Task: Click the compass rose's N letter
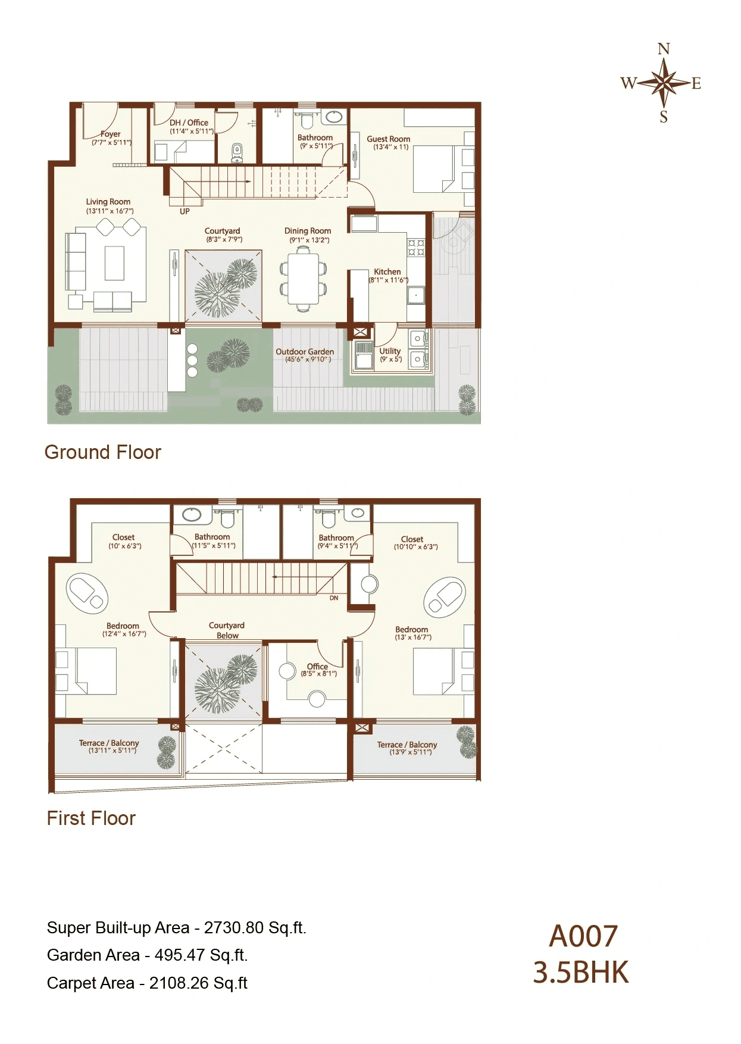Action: pos(664,49)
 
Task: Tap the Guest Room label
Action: pos(388,139)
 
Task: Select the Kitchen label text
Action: pos(387,271)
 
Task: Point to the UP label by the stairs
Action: pos(185,211)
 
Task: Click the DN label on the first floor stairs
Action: pos(334,598)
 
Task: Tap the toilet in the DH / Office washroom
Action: pos(237,152)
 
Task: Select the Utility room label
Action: pos(390,351)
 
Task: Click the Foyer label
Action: pos(111,134)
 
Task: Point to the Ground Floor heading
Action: pos(102,452)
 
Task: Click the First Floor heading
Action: pos(91,818)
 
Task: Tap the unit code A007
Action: pos(583,936)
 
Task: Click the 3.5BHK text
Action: pos(580,973)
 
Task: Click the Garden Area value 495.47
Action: pos(180,955)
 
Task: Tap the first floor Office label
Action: pos(317,666)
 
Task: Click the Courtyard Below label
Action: pos(227,630)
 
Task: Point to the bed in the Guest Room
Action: pos(434,170)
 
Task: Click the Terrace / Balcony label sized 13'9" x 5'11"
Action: pos(407,745)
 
